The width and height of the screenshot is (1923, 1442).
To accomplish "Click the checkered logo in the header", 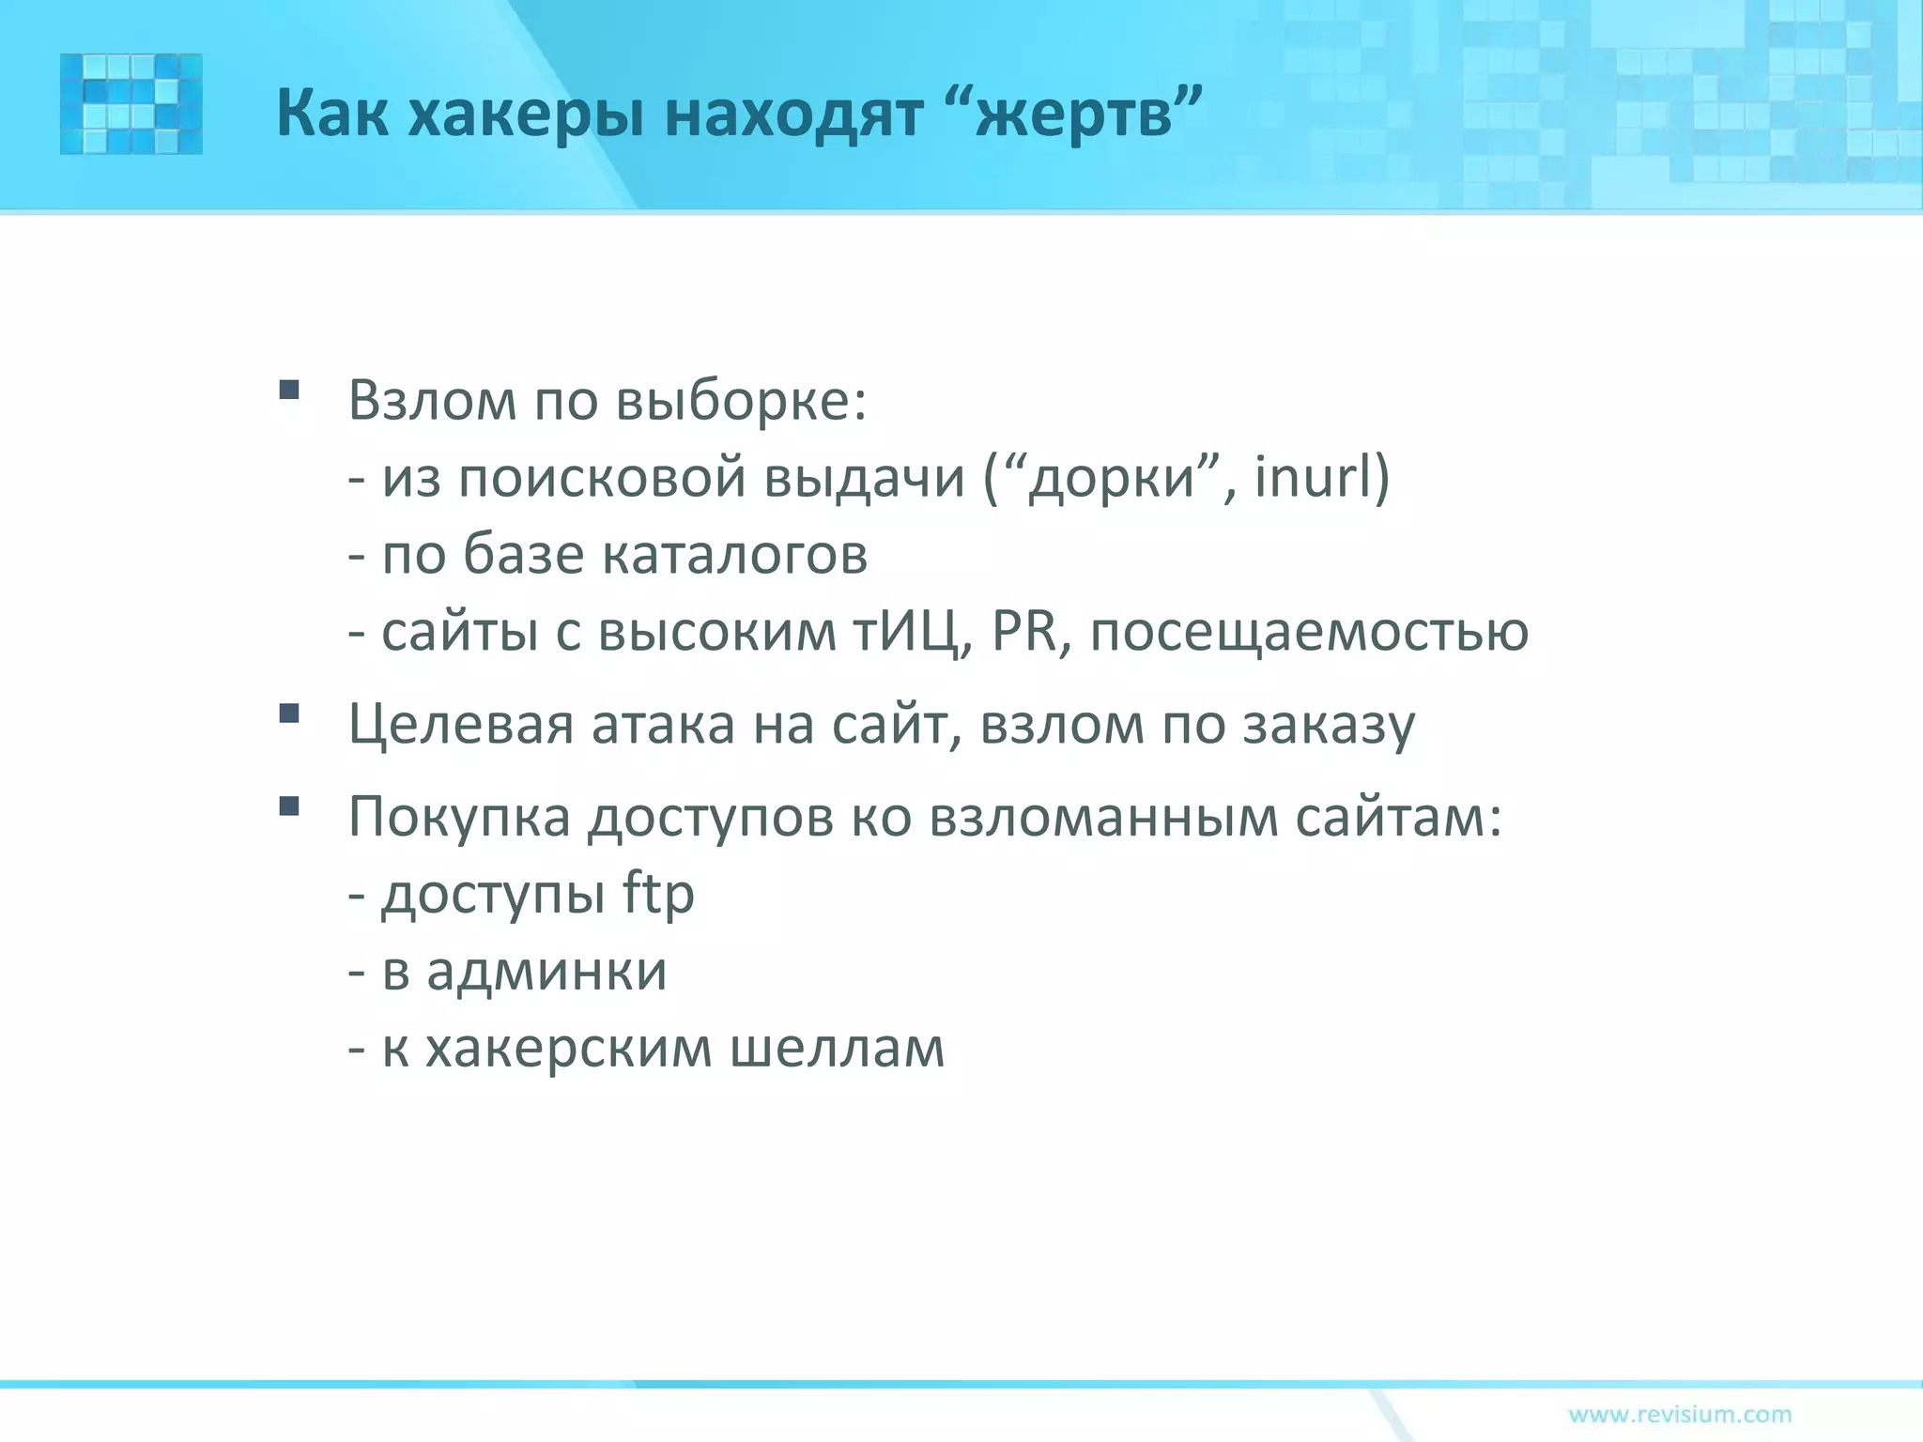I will [x=131, y=103].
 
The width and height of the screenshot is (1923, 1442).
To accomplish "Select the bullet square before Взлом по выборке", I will [x=289, y=389].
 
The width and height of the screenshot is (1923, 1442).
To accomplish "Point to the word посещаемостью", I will [x=1309, y=633].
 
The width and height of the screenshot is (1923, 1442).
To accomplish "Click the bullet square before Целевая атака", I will [x=289, y=713].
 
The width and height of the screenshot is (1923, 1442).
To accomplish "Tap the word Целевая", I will [x=460, y=726].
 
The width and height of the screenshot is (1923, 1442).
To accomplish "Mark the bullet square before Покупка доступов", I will [x=289, y=805].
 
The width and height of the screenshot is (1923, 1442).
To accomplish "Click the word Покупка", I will [x=459, y=817].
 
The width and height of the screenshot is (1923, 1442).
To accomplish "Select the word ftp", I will [x=658, y=894].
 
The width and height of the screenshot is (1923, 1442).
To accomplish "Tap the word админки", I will [x=546, y=971].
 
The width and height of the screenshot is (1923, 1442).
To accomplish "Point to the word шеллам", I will [x=837, y=1048].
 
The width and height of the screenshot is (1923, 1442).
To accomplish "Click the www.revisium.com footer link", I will [x=1680, y=1414].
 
